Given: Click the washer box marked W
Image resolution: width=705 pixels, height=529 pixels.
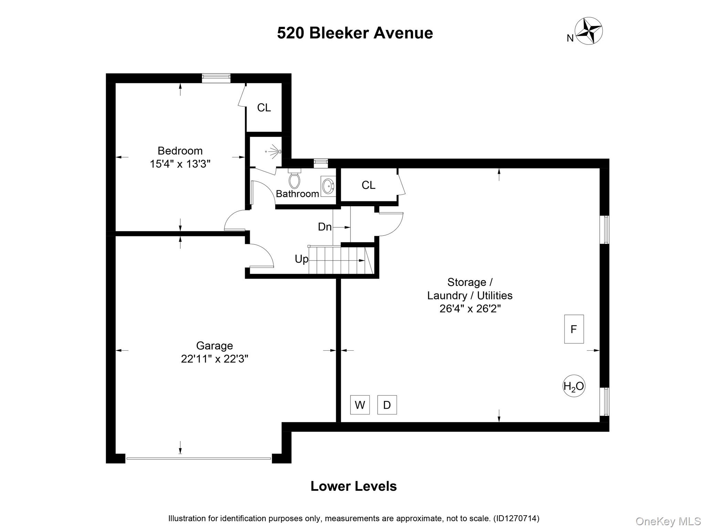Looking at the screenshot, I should click(x=360, y=405).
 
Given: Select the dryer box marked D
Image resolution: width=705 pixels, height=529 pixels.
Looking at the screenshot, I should click(x=387, y=405).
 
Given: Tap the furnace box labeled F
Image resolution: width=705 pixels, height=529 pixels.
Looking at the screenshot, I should click(x=574, y=329).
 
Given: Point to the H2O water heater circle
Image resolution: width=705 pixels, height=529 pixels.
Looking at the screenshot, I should click(x=574, y=386).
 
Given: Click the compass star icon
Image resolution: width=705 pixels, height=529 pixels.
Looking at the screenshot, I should click(x=589, y=31).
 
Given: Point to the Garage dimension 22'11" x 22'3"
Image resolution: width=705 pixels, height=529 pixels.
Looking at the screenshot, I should click(x=214, y=359).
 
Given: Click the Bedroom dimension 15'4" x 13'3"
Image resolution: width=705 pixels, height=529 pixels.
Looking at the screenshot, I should click(x=180, y=164).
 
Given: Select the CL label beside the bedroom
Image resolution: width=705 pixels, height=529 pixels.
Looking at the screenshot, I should click(x=264, y=108).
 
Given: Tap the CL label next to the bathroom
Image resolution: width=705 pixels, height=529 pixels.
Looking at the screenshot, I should click(x=368, y=185).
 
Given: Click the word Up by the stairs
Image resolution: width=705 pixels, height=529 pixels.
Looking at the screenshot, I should click(x=302, y=259).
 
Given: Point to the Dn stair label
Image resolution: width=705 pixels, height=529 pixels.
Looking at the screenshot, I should click(x=325, y=227).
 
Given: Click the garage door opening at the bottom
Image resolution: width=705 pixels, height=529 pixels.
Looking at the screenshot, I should click(x=199, y=458).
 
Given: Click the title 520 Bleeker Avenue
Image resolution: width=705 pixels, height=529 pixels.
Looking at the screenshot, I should click(x=355, y=33).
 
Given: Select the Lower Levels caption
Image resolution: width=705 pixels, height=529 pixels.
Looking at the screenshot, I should click(x=354, y=486).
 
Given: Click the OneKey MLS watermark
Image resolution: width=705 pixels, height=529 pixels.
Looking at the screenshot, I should click(x=668, y=521).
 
